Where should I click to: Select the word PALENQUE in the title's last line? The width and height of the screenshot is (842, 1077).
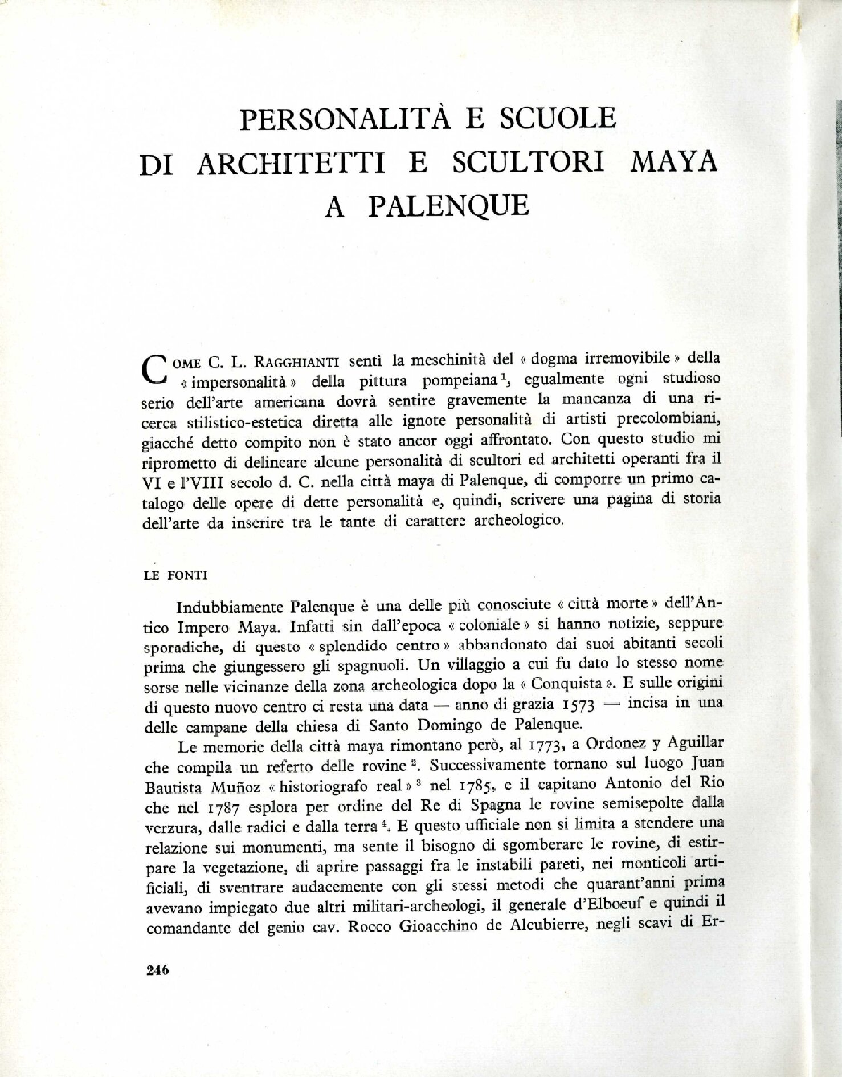pyautogui.click(x=449, y=207)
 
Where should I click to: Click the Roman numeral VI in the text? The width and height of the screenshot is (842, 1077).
pyautogui.click(x=150, y=482)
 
